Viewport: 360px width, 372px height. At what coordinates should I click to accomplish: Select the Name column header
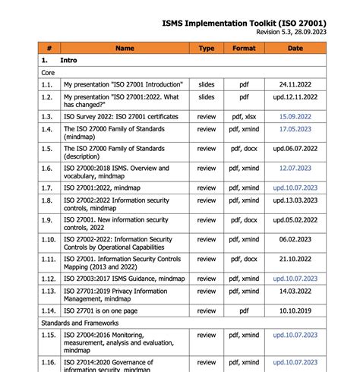tap(125, 48)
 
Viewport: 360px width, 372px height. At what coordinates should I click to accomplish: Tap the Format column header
tap(245, 48)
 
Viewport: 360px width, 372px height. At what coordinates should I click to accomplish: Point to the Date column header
tap(295, 48)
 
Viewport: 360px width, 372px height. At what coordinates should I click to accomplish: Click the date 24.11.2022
tap(295, 84)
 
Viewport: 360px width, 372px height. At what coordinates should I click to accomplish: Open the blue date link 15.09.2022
tap(295, 116)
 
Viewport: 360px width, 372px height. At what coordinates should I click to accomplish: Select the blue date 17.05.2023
tap(295, 129)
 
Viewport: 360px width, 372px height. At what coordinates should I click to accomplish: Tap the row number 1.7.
tap(48, 187)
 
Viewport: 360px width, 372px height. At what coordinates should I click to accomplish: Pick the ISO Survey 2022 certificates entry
tap(121, 116)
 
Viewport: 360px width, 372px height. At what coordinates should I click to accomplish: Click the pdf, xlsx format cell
tap(245, 116)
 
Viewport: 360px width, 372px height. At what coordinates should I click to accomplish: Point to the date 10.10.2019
tap(295, 311)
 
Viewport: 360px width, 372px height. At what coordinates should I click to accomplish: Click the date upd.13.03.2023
tap(295, 200)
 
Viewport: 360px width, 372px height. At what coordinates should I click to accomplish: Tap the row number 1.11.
tap(49, 259)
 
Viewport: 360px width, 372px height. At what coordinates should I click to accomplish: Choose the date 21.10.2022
tap(295, 259)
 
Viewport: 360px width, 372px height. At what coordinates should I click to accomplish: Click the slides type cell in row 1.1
tap(207, 84)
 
